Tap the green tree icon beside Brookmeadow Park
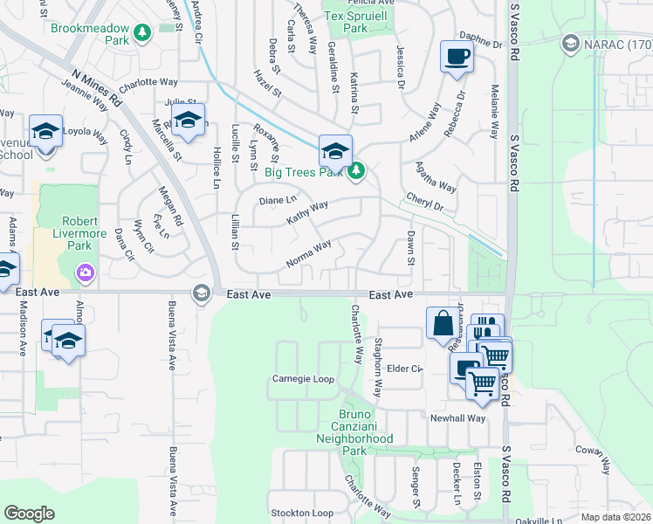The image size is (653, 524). (141, 32)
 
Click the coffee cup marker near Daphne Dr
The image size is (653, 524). (457, 58)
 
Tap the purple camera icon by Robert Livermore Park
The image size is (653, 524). (84, 274)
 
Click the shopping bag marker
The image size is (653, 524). (443, 322)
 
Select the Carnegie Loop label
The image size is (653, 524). (303, 379)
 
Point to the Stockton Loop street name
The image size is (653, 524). (302, 513)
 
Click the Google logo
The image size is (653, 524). (29, 513)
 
